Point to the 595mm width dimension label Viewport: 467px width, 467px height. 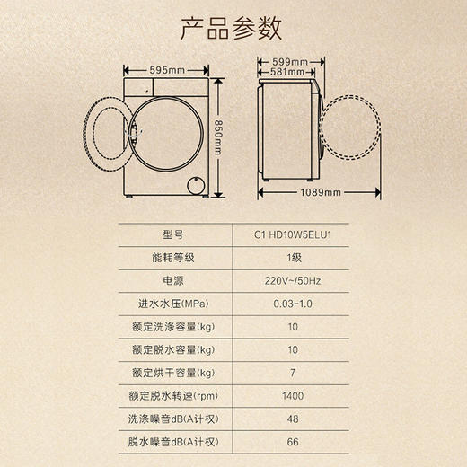(168, 70)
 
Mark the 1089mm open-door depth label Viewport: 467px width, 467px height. (322, 192)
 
